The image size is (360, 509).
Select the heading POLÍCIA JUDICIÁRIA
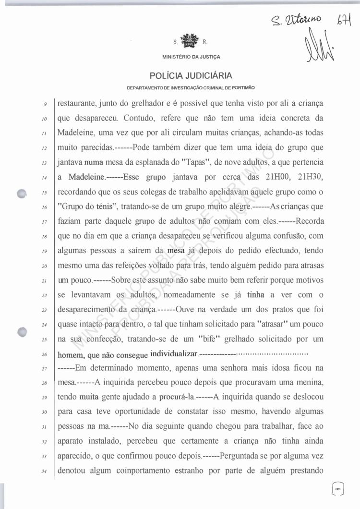pos(191,76)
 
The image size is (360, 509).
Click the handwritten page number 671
pos(345,20)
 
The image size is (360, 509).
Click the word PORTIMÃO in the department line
pos(243,88)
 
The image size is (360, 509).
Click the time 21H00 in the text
pos(276,178)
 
